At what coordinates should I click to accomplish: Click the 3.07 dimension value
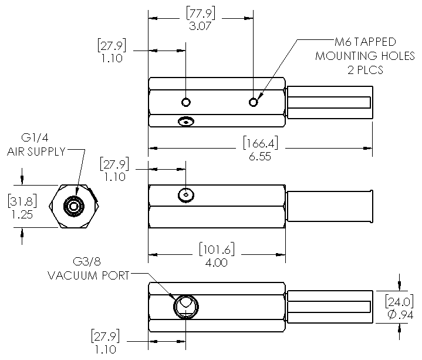pyautogui.click(x=200, y=26)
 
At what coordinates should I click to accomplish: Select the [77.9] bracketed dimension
pyautogui.click(x=201, y=14)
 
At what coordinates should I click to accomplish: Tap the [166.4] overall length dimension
pyautogui.click(x=261, y=143)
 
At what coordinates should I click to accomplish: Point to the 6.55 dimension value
pyautogui.click(x=259, y=156)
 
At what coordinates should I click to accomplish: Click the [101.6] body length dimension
pyautogui.click(x=217, y=249)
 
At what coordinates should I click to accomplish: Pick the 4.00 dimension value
pyautogui.click(x=217, y=263)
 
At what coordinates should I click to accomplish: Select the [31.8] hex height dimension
pyautogui.click(x=22, y=201)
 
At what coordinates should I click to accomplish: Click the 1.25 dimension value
pyautogui.click(x=22, y=214)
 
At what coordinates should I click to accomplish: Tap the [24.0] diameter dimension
pyautogui.click(x=399, y=301)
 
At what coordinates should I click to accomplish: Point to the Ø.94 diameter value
pyautogui.click(x=400, y=315)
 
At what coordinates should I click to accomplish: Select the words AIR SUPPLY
pyautogui.click(x=36, y=152)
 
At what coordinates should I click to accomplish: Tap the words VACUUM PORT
pyautogui.click(x=89, y=275)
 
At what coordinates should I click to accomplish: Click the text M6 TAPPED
pyautogui.click(x=365, y=42)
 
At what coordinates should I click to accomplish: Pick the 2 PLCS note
pyautogui.click(x=365, y=70)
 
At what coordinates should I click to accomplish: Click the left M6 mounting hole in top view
pyautogui.click(x=186, y=102)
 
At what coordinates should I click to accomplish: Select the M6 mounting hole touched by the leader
pyautogui.click(x=253, y=102)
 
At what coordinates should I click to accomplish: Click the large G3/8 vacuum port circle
pyautogui.click(x=186, y=307)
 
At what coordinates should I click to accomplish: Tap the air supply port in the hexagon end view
pyautogui.click(x=74, y=207)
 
